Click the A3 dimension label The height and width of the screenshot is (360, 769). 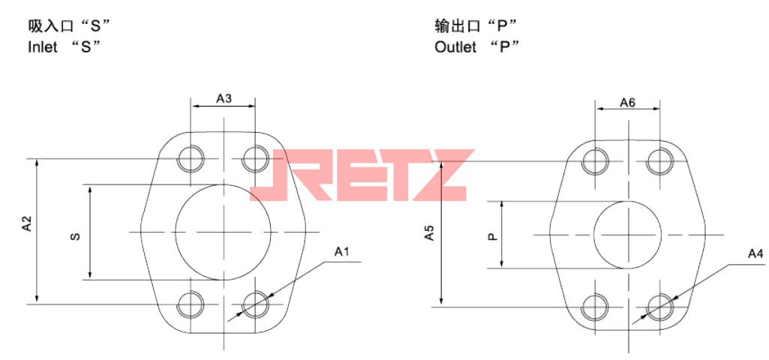(224, 98)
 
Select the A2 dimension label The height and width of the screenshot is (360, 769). (26, 223)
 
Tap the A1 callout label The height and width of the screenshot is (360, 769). (342, 252)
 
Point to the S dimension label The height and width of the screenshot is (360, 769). (75, 237)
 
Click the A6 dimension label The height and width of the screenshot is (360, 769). (628, 103)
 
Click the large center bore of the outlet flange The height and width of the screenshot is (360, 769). (627, 234)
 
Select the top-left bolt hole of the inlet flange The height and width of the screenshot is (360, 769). (191, 158)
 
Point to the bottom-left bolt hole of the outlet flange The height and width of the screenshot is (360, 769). (596, 306)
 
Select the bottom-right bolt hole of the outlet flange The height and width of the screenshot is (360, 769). (661, 306)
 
